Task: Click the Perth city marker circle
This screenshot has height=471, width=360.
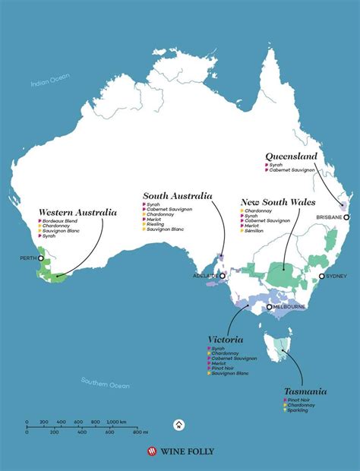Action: (x=41, y=258)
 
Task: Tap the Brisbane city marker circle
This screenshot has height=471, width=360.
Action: (x=345, y=217)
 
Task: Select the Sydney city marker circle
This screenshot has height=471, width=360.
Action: (x=322, y=277)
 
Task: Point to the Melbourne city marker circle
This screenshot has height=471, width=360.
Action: (x=269, y=307)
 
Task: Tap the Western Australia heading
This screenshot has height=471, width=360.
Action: (x=77, y=212)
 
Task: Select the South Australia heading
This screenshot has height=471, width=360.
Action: (x=177, y=196)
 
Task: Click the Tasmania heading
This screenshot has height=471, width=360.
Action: (x=305, y=391)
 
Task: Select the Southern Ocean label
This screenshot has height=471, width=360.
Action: (x=106, y=385)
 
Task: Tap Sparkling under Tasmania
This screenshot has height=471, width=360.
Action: (x=301, y=410)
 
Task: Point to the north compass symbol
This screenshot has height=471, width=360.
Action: (x=178, y=425)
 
